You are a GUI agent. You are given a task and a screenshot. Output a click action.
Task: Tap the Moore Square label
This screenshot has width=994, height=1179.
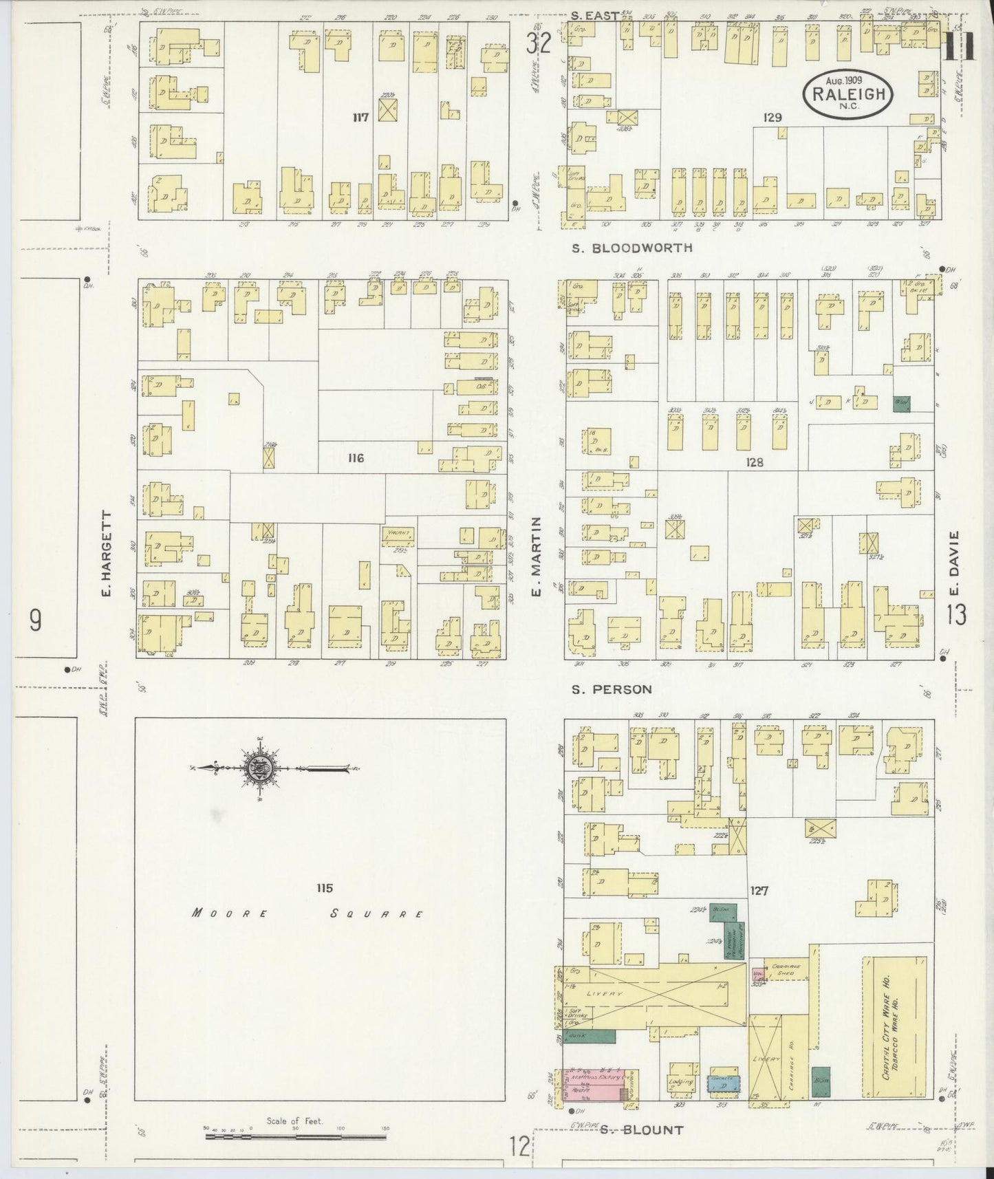pos(307,914)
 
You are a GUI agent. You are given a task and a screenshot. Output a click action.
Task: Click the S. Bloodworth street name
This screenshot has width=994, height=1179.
pos(632,248)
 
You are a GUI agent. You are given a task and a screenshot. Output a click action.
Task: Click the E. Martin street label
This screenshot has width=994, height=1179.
pos(537,558)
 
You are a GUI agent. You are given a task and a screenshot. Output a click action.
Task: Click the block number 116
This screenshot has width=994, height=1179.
pos(356,458)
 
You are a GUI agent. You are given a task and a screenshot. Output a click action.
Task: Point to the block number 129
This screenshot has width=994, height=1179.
pos(772,118)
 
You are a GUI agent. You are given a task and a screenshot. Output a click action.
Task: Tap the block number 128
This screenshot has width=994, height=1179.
pos(754,463)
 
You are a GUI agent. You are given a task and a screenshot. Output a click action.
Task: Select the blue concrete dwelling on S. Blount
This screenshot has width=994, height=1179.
pos(724,1083)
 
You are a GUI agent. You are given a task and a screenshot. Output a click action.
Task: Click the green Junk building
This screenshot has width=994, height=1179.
pos(589,1035)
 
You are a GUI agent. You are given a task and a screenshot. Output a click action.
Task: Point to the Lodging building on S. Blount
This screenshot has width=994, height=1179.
pos(680,1081)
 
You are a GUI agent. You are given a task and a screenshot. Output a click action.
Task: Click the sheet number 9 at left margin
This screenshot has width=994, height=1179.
pos(34,620)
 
